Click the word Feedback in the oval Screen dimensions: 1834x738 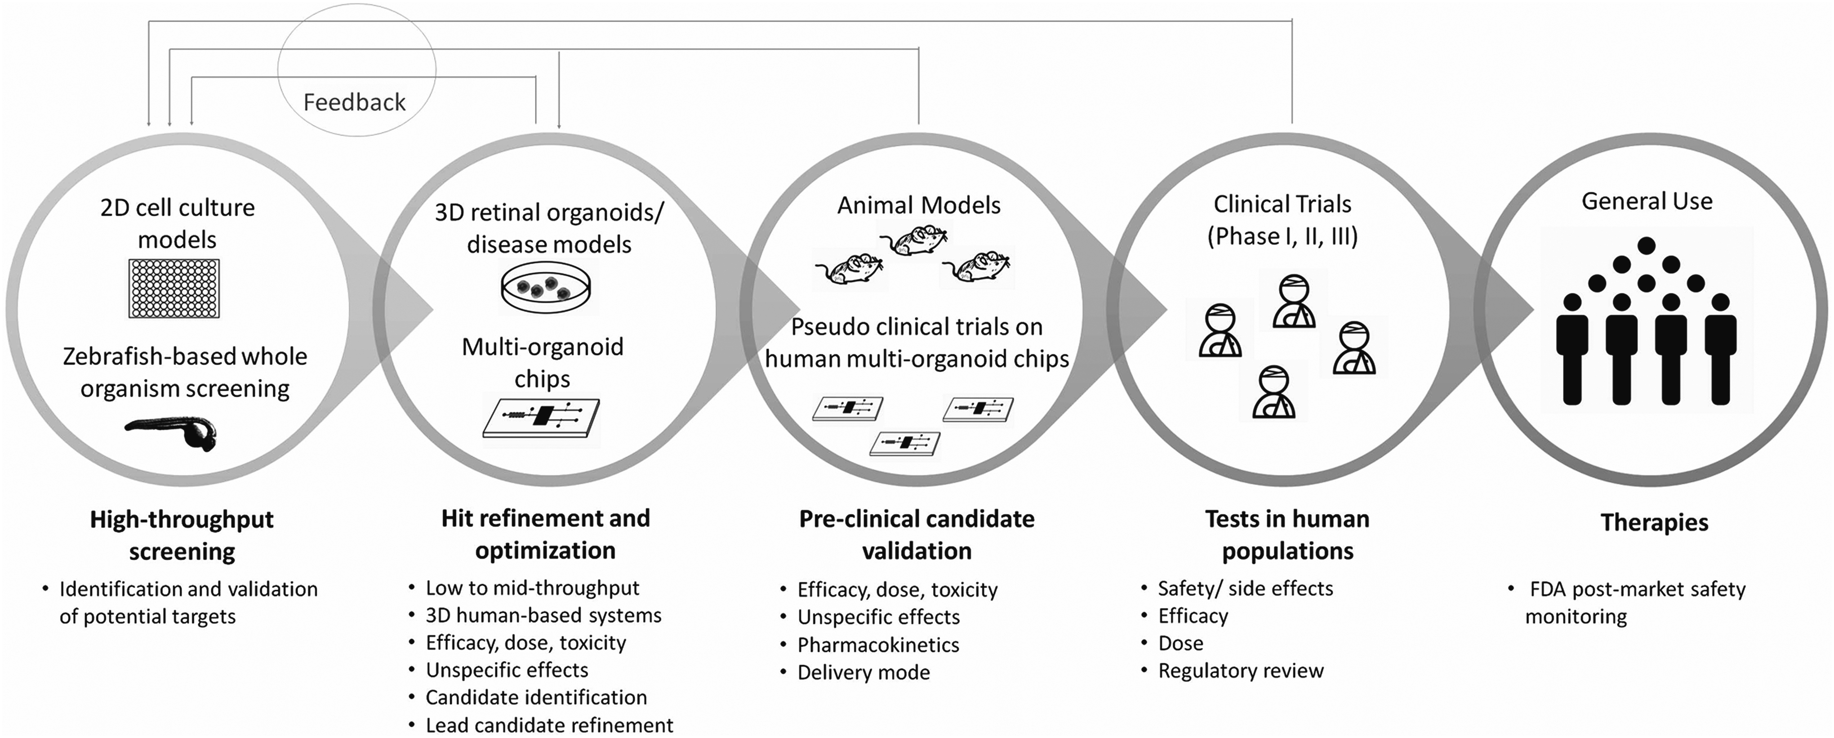click(355, 102)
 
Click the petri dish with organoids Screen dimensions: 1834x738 click(547, 287)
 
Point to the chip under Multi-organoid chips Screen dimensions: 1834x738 click(541, 417)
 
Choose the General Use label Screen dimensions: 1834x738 click(1647, 201)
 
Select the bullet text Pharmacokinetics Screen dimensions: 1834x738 click(878, 645)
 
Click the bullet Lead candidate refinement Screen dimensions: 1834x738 click(549, 725)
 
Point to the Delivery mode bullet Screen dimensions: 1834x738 click(864, 672)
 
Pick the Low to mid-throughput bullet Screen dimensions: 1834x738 click(533, 588)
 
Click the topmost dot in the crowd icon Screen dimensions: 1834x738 click(1646, 246)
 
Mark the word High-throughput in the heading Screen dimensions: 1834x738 click(182, 520)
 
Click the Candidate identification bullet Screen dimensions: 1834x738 click(536, 698)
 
